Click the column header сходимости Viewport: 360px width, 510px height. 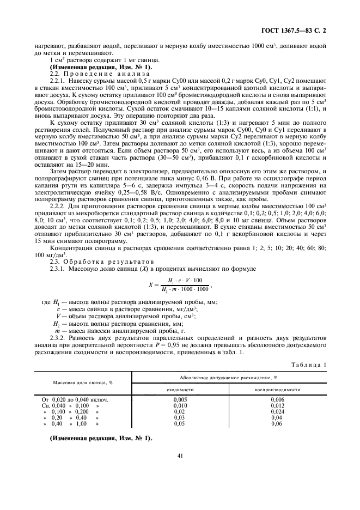(180, 390)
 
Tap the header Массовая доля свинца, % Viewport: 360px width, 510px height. (82, 383)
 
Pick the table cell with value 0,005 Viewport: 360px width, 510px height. (180, 400)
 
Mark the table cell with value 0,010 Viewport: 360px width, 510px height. (180, 406)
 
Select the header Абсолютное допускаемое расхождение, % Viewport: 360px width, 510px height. (229, 377)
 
